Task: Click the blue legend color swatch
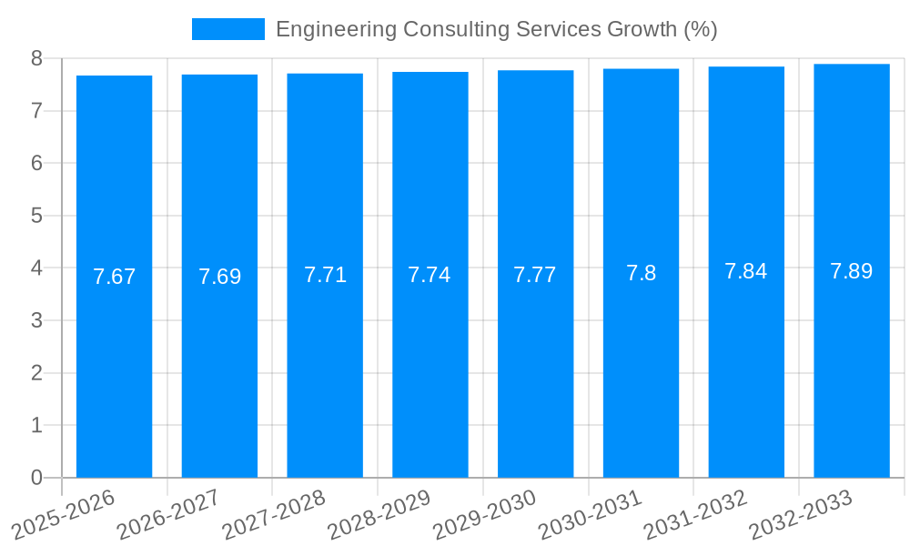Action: (x=227, y=29)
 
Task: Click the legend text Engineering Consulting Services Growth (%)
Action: (x=496, y=29)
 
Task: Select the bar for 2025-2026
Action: (x=114, y=364)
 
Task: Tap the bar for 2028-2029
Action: (x=430, y=364)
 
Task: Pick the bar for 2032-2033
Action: (x=852, y=364)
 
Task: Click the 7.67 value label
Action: (x=114, y=277)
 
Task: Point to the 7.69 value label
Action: (x=219, y=277)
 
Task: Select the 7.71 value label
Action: (x=325, y=275)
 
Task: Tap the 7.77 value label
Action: (x=535, y=275)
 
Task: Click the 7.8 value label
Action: (x=641, y=273)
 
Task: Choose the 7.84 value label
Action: (x=746, y=271)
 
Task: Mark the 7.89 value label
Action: (x=852, y=271)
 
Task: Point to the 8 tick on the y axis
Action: (x=36, y=58)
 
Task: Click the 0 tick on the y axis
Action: (x=36, y=478)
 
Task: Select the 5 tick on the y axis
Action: (x=36, y=216)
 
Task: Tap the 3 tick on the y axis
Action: (x=36, y=320)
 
